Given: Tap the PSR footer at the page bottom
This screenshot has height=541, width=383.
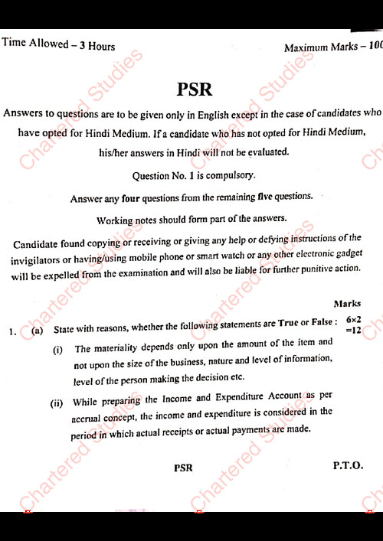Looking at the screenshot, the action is [x=183, y=468].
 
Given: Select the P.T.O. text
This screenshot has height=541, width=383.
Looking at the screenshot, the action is [x=348, y=465].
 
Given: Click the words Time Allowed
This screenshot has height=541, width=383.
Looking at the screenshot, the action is [x=35, y=44].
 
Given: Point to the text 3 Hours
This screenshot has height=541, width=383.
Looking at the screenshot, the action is [x=98, y=46].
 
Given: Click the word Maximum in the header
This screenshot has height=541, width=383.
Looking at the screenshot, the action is [x=305, y=48].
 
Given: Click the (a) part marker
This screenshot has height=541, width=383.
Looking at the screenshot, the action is [x=38, y=331].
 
